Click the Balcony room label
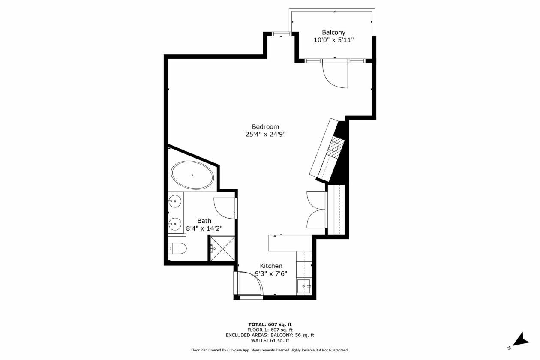(333, 32)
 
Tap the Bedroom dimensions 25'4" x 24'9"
(265, 134)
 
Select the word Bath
(204, 221)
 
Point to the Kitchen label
(271, 266)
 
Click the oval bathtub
(192, 175)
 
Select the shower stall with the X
(222, 249)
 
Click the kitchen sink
(304, 286)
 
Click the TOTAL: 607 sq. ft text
(270, 324)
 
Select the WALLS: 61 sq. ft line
(270, 340)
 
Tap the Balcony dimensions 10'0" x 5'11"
(333, 40)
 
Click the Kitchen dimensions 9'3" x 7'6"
(271, 274)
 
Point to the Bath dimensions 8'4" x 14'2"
(204, 228)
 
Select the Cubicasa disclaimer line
(270, 350)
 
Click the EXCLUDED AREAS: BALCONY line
(270, 335)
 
